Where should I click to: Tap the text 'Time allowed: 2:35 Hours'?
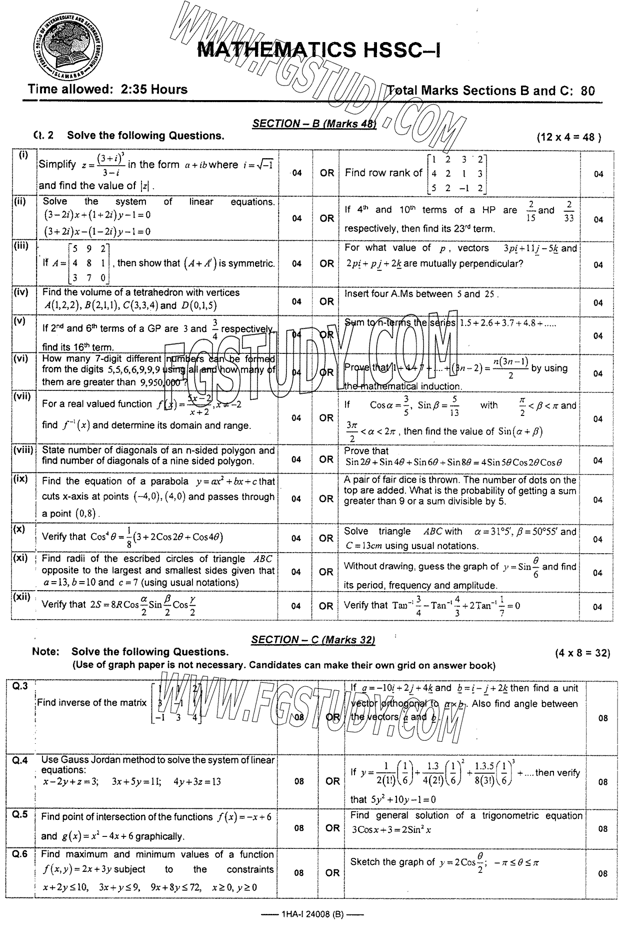point(107,90)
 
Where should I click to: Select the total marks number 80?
point(588,91)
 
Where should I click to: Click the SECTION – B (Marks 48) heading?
point(313,124)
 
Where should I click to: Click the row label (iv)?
point(21,291)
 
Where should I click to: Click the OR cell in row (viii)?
point(326,459)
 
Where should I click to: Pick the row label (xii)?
point(22,597)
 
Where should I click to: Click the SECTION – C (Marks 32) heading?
point(313,640)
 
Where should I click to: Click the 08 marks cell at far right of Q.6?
point(602,874)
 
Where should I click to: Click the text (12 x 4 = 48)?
point(568,137)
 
